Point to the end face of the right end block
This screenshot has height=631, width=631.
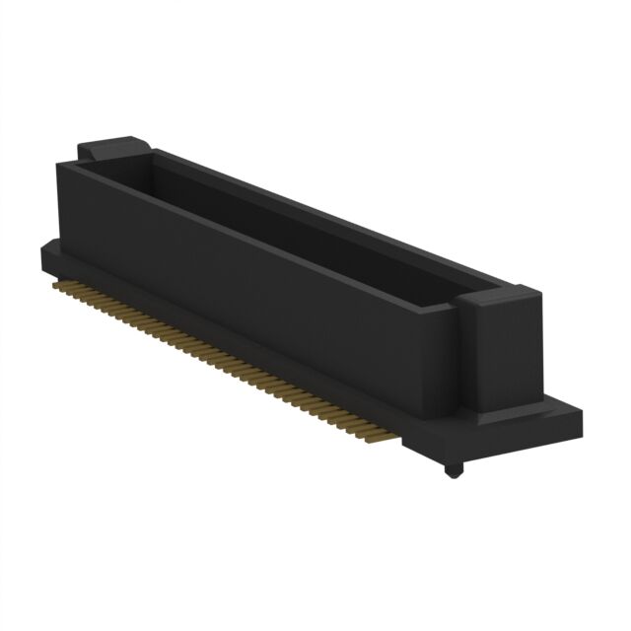coord(509,360)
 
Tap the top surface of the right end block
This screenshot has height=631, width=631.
coord(503,293)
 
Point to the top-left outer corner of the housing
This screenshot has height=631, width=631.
coord(57,162)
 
